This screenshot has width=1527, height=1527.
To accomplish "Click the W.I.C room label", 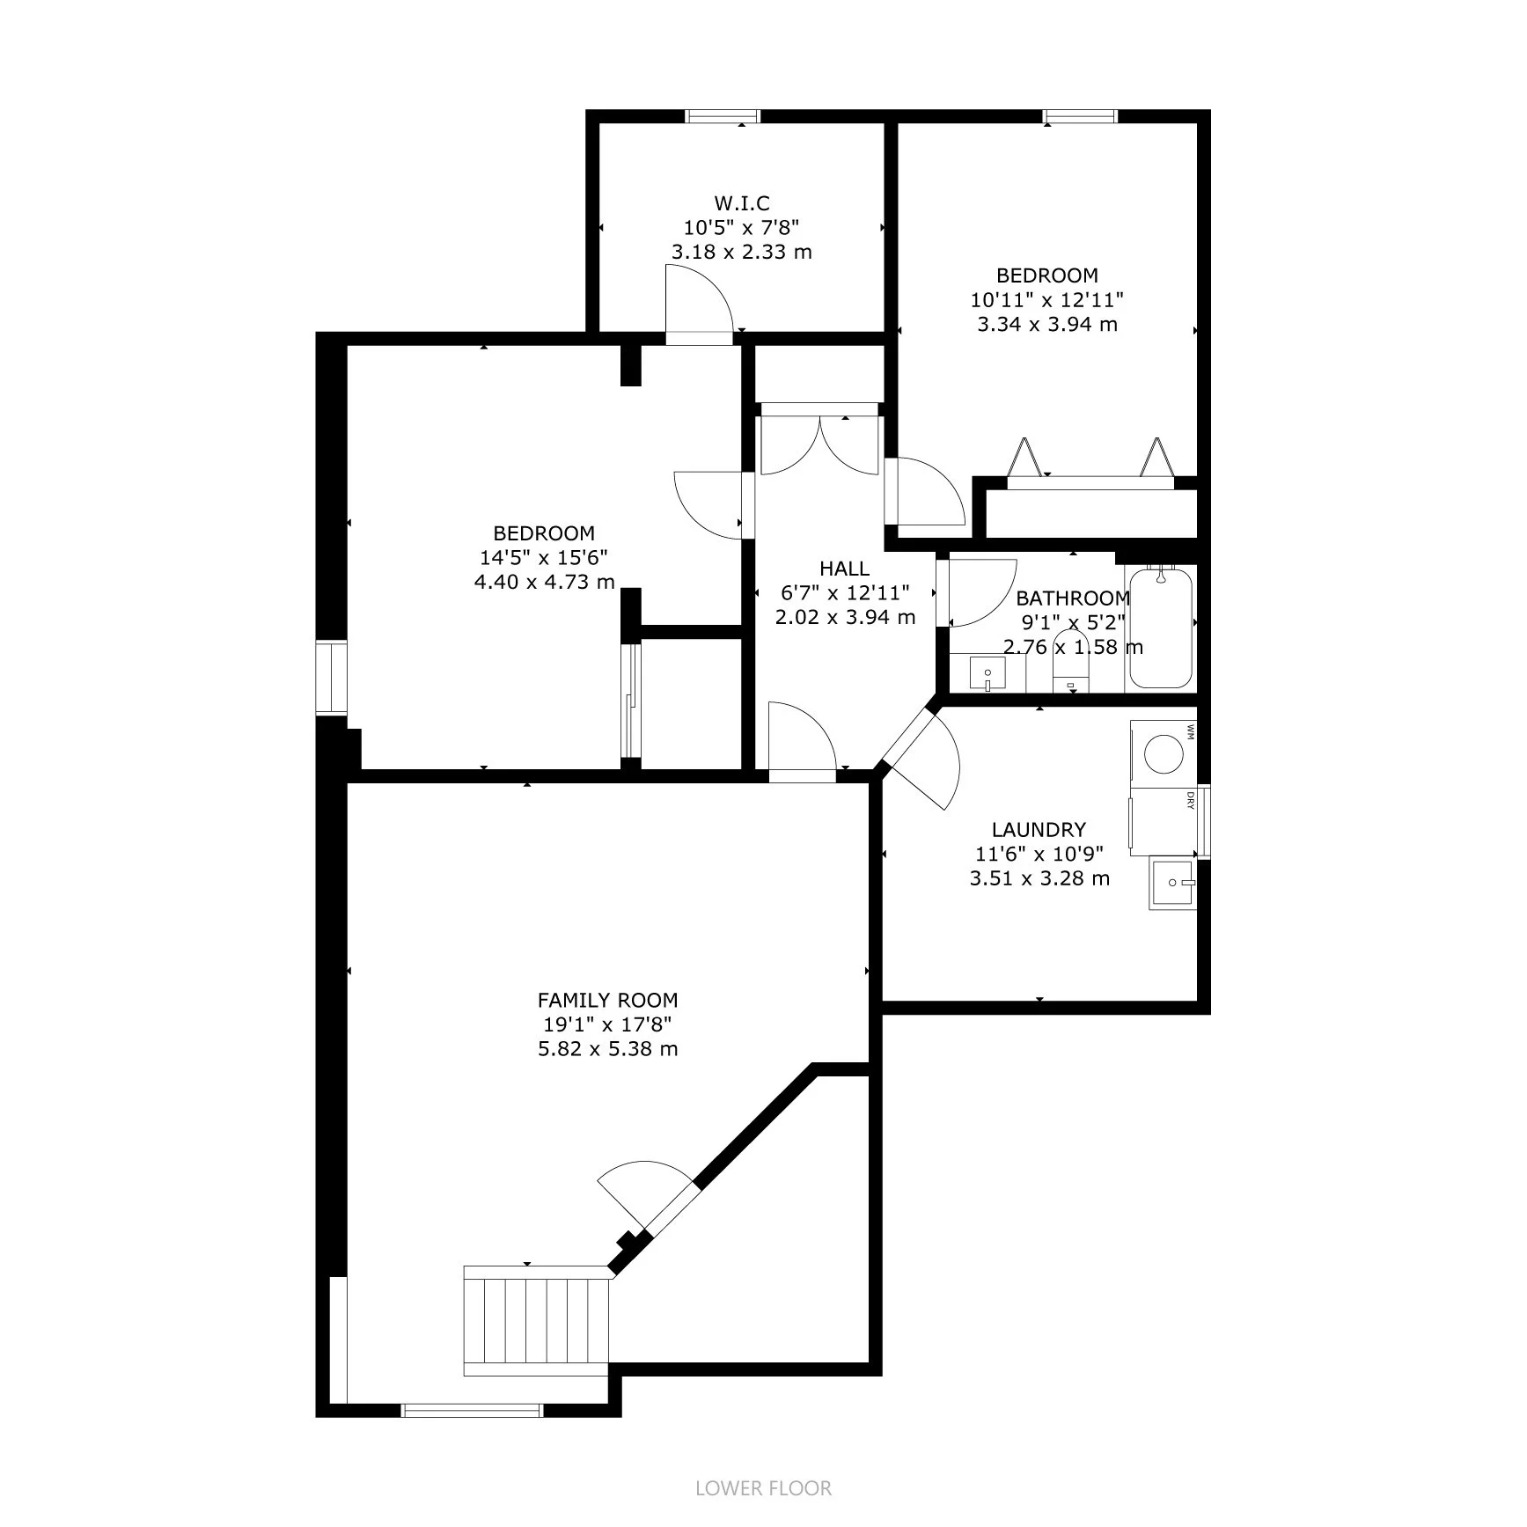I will [742, 204].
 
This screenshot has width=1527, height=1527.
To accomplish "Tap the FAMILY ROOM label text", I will [607, 1000].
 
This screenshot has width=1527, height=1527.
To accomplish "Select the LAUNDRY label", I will [1039, 829].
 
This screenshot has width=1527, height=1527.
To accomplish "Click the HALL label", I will [844, 569].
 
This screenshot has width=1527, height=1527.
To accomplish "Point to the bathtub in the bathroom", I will [1161, 628].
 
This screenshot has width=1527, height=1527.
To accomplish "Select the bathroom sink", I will [987, 674].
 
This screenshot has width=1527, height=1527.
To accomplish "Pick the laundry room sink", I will [1172, 884].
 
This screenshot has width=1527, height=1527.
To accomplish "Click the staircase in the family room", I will [537, 1332].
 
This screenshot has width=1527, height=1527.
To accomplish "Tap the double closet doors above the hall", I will [819, 444].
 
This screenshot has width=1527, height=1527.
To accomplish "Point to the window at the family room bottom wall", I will [472, 1435].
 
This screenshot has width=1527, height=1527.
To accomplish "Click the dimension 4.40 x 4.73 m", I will [544, 582].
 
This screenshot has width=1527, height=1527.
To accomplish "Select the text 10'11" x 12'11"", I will [1046, 299].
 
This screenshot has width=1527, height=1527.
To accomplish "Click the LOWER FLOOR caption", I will [763, 1488].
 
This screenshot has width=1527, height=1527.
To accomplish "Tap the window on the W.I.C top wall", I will [723, 115].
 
